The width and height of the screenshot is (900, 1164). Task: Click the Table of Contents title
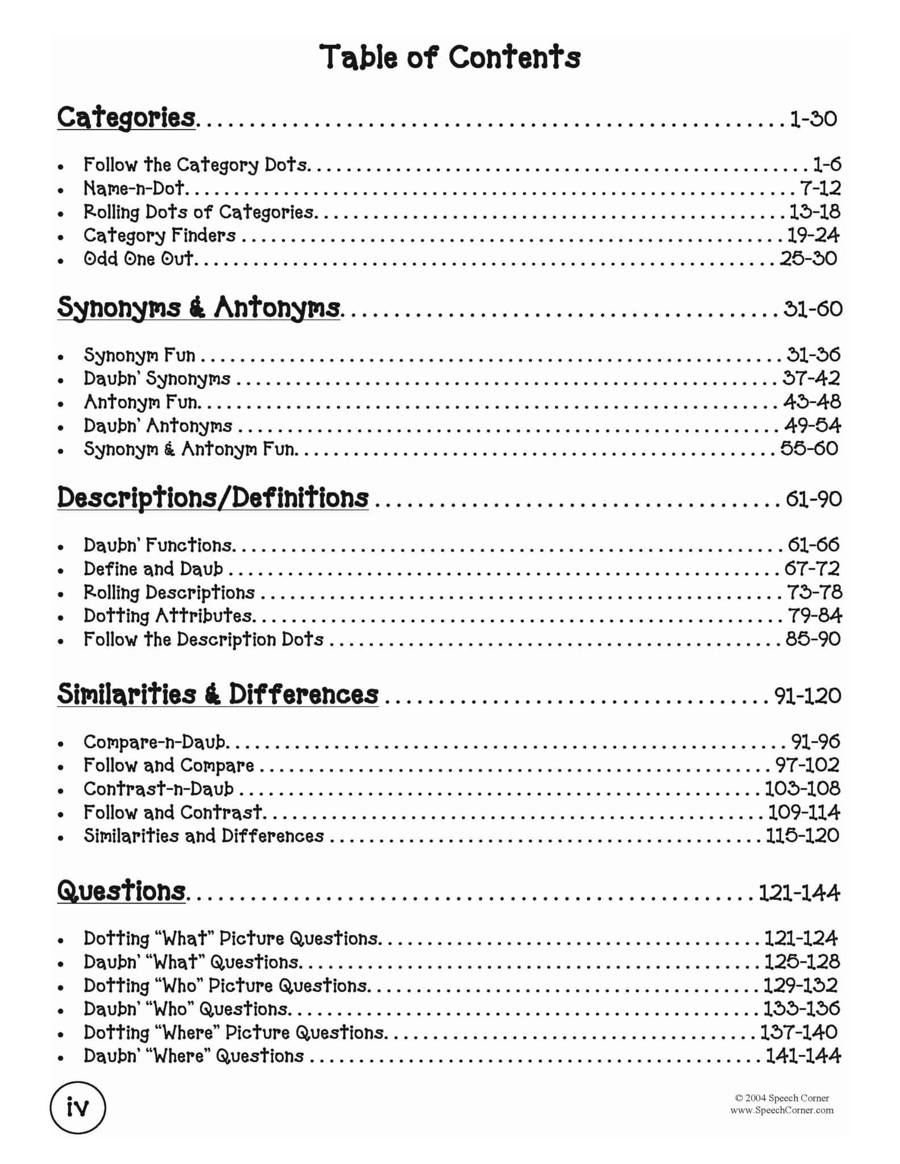(450, 57)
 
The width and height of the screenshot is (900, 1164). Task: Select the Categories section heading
(126, 118)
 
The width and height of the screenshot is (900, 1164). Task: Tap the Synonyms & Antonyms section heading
(198, 308)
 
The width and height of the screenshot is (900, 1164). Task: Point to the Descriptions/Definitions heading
(213, 498)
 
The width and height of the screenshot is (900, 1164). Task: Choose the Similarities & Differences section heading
(218, 695)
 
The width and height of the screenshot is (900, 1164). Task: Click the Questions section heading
(122, 891)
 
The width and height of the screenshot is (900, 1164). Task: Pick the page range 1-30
(813, 119)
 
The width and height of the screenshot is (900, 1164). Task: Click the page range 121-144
(799, 893)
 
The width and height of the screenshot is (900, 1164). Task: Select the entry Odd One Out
(139, 259)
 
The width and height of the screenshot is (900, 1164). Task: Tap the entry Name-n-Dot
(134, 188)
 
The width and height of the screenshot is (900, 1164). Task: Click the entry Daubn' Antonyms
(158, 425)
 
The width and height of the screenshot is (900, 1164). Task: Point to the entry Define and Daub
(154, 569)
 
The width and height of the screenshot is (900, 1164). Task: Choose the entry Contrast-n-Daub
(159, 789)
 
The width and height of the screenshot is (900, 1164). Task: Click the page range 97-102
(807, 765)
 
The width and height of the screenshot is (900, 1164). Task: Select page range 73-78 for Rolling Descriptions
(814, 592)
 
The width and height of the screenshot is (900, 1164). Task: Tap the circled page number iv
(78, 1108)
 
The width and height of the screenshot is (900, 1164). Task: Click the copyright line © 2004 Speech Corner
(782, 1098)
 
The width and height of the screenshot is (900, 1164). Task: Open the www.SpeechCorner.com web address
(782, 1110)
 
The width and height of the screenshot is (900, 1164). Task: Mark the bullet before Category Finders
(61, 236)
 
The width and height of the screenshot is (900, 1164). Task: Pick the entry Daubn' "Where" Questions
(194, 1056)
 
